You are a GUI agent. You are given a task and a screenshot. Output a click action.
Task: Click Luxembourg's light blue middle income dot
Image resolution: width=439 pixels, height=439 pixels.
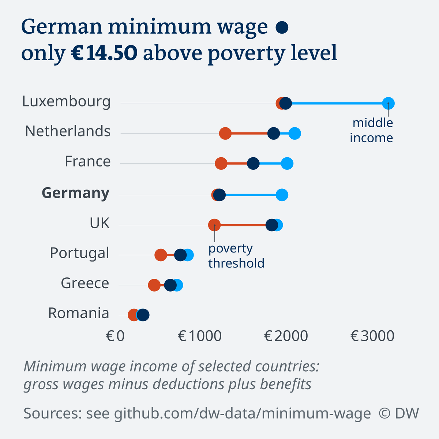(388, 104)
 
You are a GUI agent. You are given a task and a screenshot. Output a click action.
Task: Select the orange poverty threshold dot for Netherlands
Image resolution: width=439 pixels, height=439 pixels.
(225, 134)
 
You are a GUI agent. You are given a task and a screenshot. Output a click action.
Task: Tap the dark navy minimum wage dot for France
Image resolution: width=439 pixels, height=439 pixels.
(253, 164)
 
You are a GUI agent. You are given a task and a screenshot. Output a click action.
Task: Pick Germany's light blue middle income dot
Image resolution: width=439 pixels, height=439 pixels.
(282, 195)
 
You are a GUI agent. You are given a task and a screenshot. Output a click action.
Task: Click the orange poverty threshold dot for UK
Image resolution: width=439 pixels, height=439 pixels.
(214, 225)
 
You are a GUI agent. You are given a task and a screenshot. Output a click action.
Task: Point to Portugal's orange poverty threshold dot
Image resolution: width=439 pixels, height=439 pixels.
(161, 255)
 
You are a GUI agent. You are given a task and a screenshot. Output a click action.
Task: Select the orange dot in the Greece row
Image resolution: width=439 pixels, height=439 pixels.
(154, 285)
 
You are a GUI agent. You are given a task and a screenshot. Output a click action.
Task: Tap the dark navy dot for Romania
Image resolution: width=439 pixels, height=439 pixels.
(143, 315)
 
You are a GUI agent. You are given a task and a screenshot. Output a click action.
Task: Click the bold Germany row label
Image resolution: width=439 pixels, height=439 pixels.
(75, 193)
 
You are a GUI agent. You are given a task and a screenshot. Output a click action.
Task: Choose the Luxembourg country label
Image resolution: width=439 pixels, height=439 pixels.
(66, 101)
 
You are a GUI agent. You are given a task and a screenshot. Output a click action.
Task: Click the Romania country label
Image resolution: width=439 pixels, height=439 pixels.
(79, 313)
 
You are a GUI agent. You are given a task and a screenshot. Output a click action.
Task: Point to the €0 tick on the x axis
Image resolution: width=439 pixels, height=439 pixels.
(115, 336)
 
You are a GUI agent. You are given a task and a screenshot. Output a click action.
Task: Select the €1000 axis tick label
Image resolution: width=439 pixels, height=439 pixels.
(200, 336)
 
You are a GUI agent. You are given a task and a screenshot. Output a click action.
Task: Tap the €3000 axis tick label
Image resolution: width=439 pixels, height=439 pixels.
(372, 336)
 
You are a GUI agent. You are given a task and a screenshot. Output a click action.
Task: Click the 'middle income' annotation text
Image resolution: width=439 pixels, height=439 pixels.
(372, 130)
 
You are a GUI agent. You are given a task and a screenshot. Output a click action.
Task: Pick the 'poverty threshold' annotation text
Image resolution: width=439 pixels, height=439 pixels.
(236, 256)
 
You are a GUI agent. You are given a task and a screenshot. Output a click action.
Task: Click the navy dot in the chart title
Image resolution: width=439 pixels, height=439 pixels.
(282, 28)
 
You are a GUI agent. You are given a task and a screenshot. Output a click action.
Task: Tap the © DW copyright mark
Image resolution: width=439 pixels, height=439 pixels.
(399, 413)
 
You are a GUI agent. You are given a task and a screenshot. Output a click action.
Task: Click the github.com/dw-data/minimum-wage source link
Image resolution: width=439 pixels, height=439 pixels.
(242, 413)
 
